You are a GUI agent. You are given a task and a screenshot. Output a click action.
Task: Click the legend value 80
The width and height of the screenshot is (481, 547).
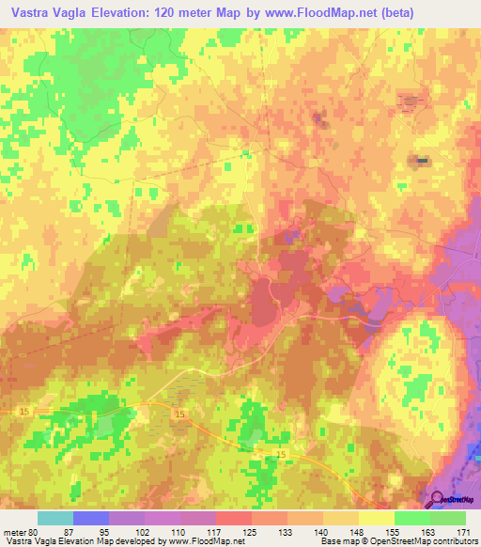[x=35, y=531]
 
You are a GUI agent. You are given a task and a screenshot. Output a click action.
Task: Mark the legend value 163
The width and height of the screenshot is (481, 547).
[x=429, y=531]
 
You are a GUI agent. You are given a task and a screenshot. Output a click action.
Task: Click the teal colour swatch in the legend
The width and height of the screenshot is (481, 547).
[x=54, y=518]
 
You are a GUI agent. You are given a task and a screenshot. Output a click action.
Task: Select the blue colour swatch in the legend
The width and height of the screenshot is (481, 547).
[x=90, y=518]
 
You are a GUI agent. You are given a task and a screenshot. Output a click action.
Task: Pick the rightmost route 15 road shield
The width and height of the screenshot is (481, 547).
[x=281, y=454]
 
